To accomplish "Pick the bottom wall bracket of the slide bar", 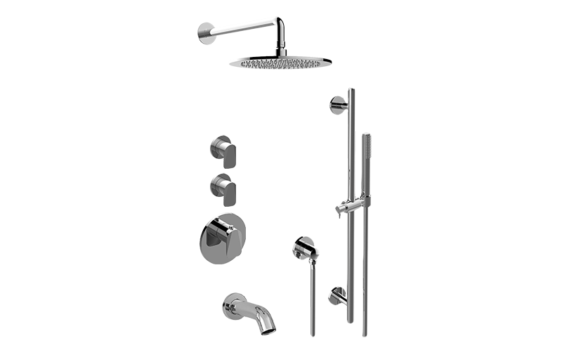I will click(x=335, y=295).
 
